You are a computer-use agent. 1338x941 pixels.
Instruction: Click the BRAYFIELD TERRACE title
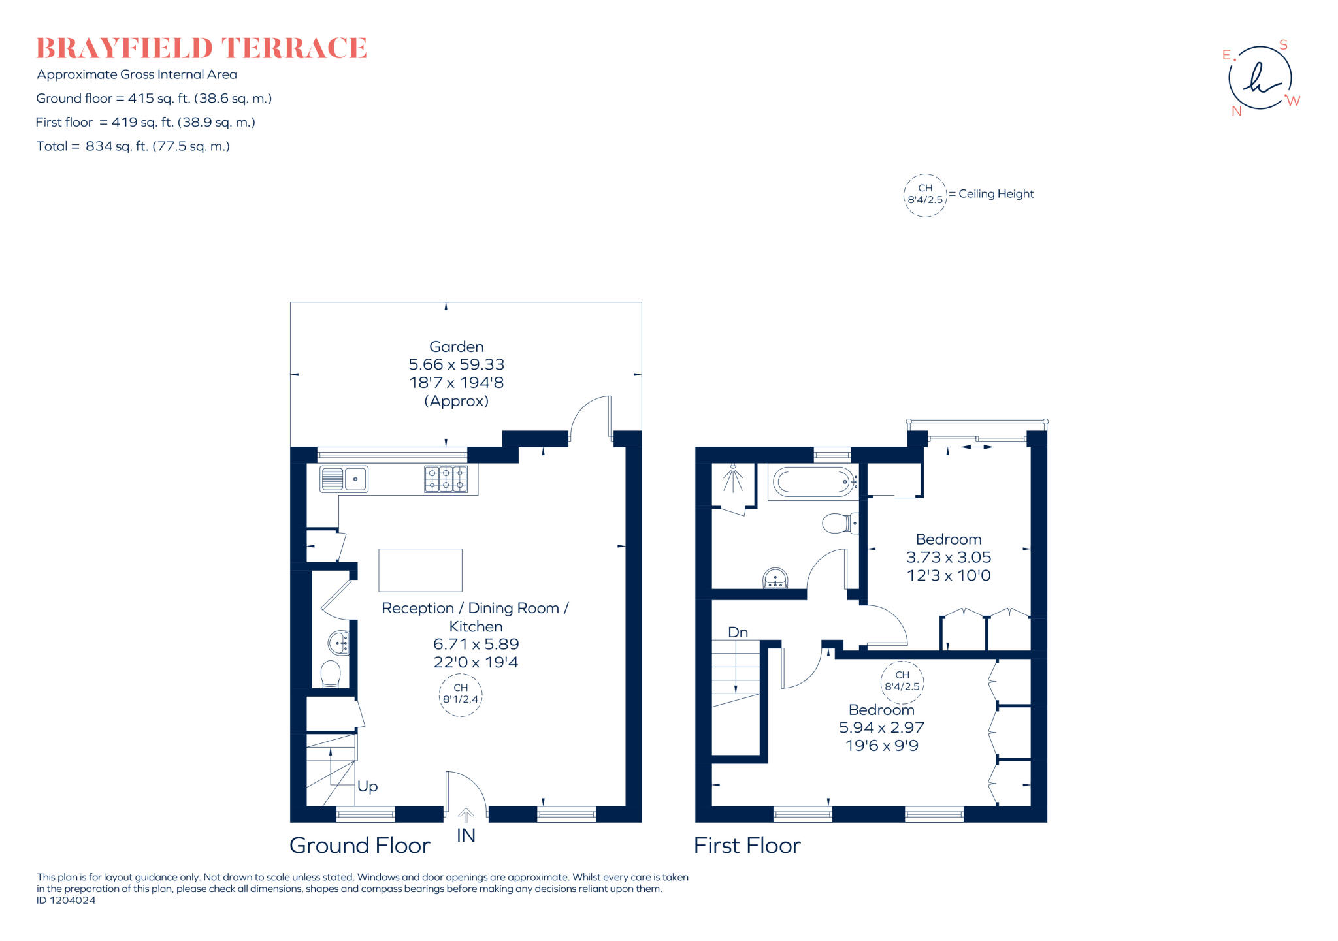click(201, 48)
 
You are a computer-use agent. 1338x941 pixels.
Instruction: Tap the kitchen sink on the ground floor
click(344, 479)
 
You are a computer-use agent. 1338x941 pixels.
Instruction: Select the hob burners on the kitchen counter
click(446, 479)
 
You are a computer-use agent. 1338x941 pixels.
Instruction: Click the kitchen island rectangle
click(420, 570)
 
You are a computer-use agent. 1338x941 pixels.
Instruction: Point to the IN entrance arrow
click(466, 816)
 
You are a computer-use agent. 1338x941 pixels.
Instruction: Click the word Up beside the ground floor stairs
click(367, 786)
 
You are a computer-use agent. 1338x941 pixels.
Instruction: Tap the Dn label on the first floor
click(738, 632)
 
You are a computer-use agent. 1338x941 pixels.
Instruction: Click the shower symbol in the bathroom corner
click(733, 480)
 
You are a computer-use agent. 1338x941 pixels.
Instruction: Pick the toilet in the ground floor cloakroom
click(331, 674)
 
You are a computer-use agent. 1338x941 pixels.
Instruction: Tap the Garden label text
click(456, 347)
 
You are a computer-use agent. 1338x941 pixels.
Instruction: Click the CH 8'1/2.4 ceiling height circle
click(461, 694)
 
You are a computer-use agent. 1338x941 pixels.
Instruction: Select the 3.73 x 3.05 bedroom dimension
click(948, 558)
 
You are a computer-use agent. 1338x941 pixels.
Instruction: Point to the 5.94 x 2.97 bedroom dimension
click(881, 727)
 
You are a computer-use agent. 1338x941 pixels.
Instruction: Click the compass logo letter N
click(1236, 111)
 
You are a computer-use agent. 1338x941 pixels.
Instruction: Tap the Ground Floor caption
click(359, 846)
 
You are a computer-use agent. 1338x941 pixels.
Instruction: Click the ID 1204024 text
click(66, 901)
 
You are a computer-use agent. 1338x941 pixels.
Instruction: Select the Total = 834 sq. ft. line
click(133, 146)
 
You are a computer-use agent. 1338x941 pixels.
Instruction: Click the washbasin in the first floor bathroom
click(775, 578)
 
